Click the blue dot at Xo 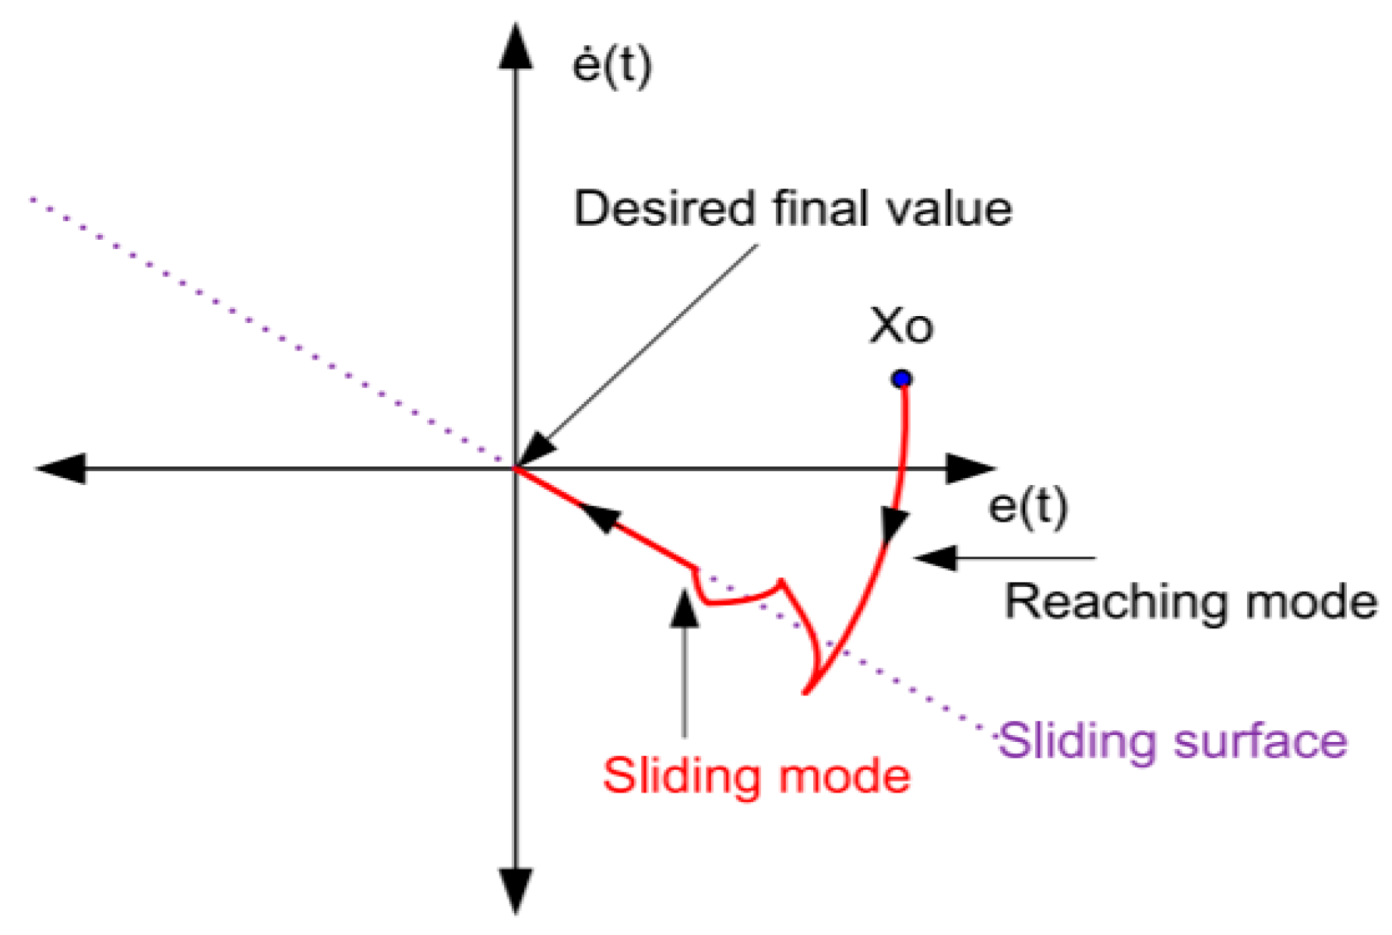pyautogui.click(x=901, y=379)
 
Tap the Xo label pyautogui.click(x=901, y=327)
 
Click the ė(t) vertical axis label pyautogui.click(x=611, y=66)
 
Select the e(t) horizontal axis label pyautogui.click(x=1027, y=508)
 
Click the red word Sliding pyautogui.click(x=673, y=776)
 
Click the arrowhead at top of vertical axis pyautogui.click(x=516, y=47)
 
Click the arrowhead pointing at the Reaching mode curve pyautogui.click(x=935, y=557)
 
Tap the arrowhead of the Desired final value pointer pyautogui.click(x=536, y=452)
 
